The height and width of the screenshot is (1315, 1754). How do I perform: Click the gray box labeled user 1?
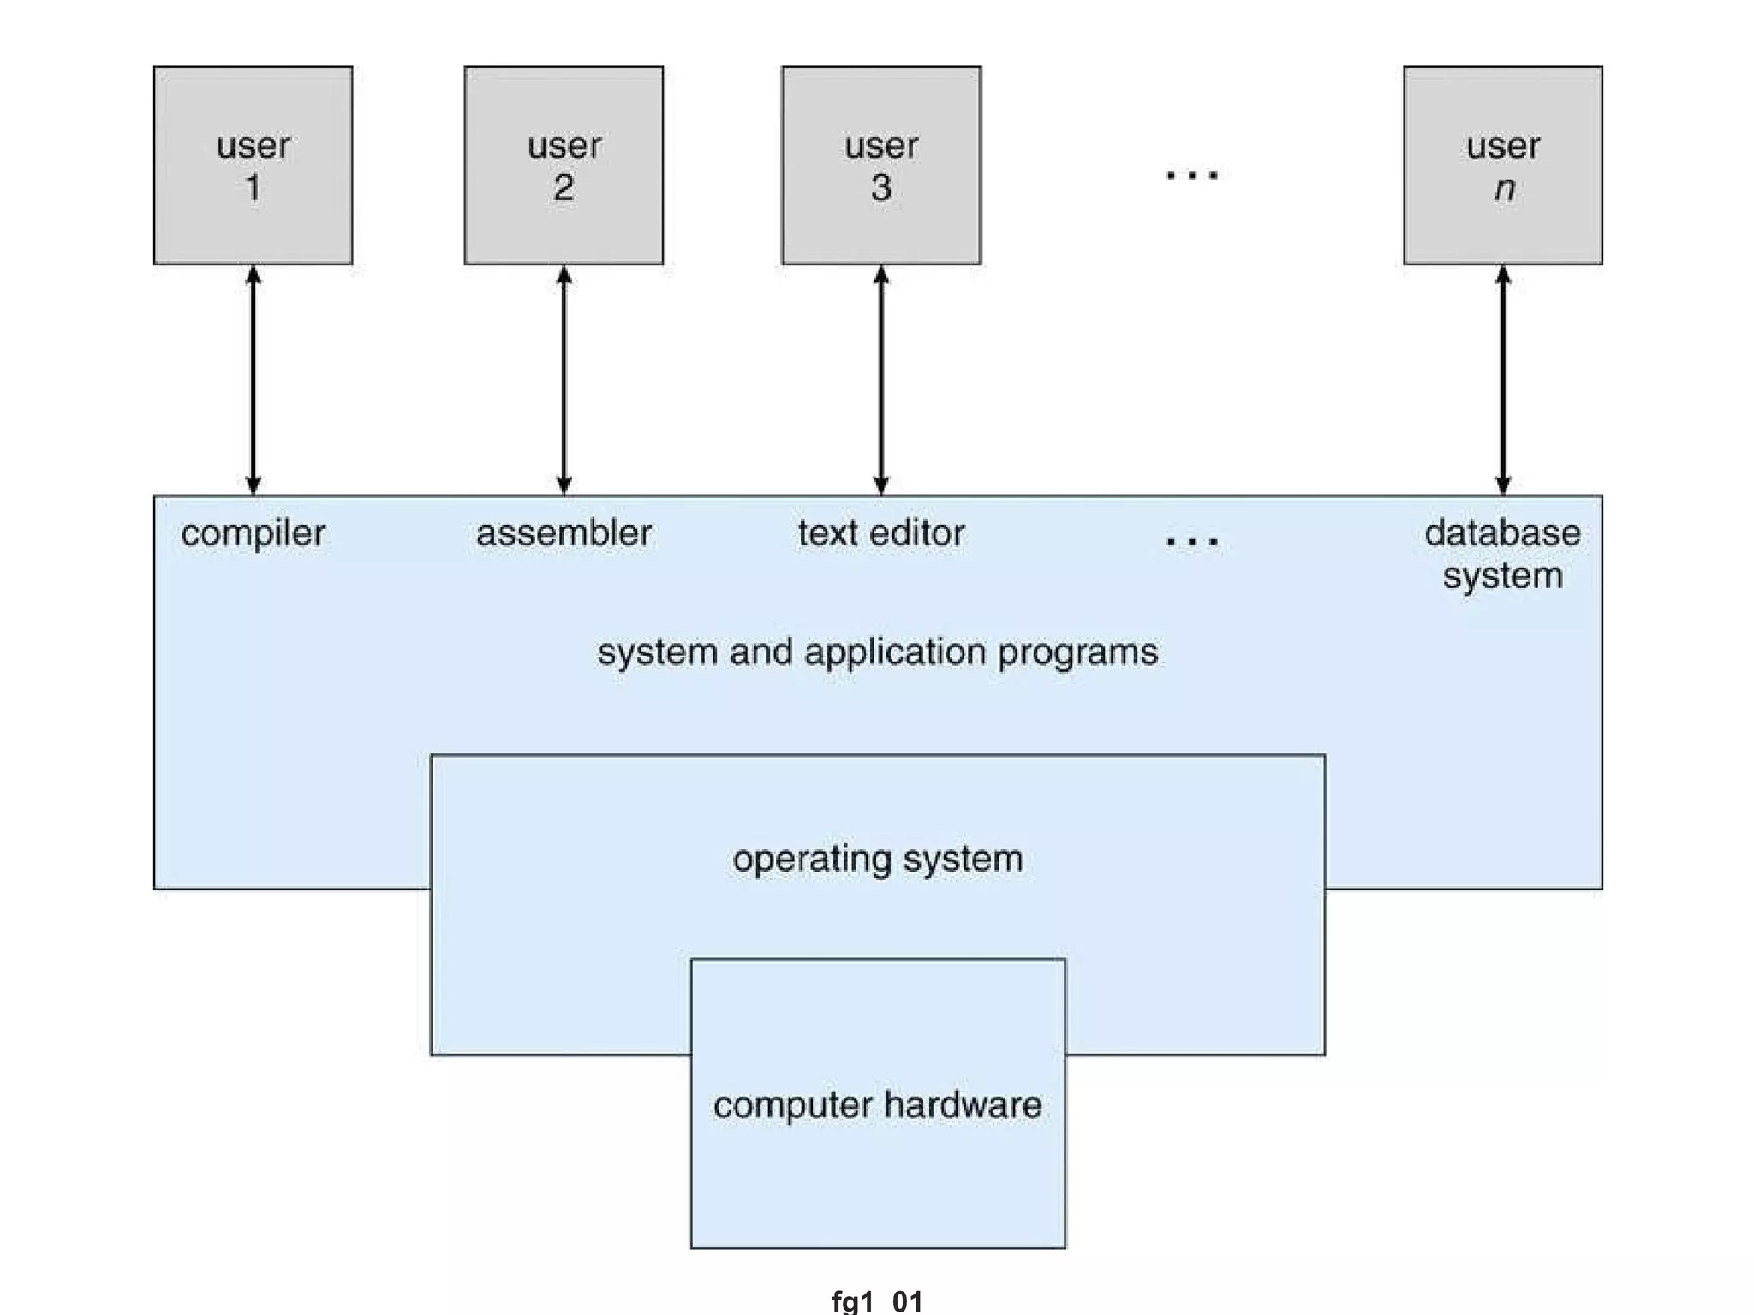(x=253, y=165)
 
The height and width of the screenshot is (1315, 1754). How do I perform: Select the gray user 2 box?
(x=564, y=165)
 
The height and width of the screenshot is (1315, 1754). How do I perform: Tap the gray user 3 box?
(x=881, y=165)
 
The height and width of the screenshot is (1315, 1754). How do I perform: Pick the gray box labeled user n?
(x=1503, y=165)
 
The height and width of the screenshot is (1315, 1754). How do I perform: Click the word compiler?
(x=253, y=533)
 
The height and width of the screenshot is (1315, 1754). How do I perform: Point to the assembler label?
(x=564, y=533)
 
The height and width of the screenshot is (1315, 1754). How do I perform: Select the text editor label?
(x=881, y=533)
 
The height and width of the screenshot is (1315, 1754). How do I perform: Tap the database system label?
(x=1503, y=554)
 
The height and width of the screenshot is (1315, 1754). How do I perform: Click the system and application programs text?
(x=878, y=652)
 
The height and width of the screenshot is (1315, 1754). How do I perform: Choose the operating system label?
(x=878, y=859)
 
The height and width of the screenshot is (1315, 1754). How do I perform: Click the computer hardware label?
(x=878, y=1105)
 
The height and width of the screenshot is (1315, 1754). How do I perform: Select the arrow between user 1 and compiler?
(x=253, y=380)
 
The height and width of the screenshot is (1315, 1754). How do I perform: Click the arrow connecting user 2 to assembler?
(x=564, y=380)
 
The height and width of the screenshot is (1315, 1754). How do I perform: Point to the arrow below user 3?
(x=881, y=380)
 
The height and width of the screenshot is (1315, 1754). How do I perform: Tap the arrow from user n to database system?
(x=1503, y=380)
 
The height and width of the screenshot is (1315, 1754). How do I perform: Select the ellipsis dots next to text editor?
(x=1192, y=541)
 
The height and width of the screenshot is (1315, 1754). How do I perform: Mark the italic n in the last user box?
(x=1505, y=188)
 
